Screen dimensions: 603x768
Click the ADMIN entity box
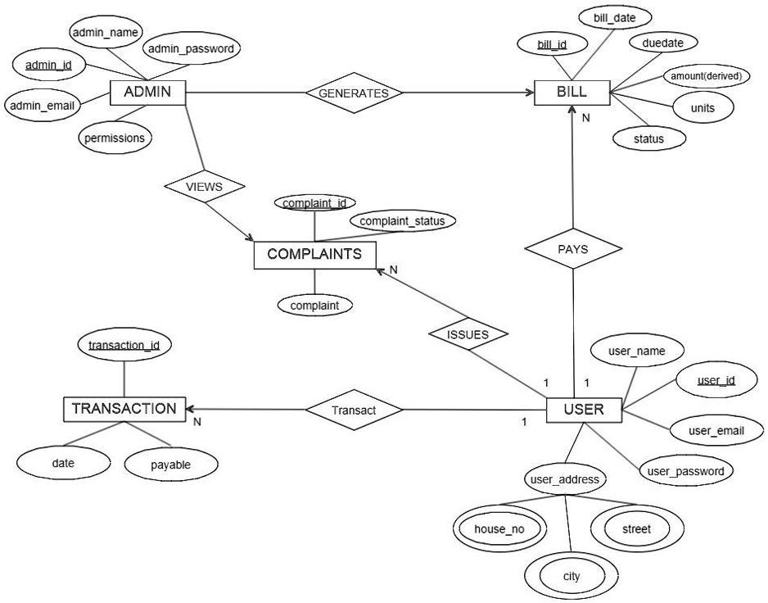[x=147, y=92]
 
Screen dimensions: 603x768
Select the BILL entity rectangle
[x=571, y=92]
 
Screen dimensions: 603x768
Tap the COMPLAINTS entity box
[x=314, y=255]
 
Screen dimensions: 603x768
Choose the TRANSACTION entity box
[x=124, y=409]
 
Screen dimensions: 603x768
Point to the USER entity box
[x=585, y=410]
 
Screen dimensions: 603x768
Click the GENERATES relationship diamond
[x=354, y=93]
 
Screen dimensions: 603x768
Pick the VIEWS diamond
[x=204, y=187]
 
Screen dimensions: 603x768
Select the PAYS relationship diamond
[x=572, y=249]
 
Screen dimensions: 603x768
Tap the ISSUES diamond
[x=468, y=334]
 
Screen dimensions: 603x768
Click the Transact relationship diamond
[x=355, y=410]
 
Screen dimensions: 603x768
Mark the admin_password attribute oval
[x=192, y=49]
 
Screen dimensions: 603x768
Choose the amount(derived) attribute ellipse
[x=706, y=76]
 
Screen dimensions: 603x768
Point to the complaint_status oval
[x=402, y=221]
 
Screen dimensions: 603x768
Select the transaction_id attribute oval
[x=124, y=346]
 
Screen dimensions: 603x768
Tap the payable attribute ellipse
[x=171, y=465]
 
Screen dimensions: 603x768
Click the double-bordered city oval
[x=571, y=576]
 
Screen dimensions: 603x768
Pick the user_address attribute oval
[x=566, y=479]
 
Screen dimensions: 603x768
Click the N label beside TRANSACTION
[x=197, y=422]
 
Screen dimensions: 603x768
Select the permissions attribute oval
[x=115, y=138]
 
